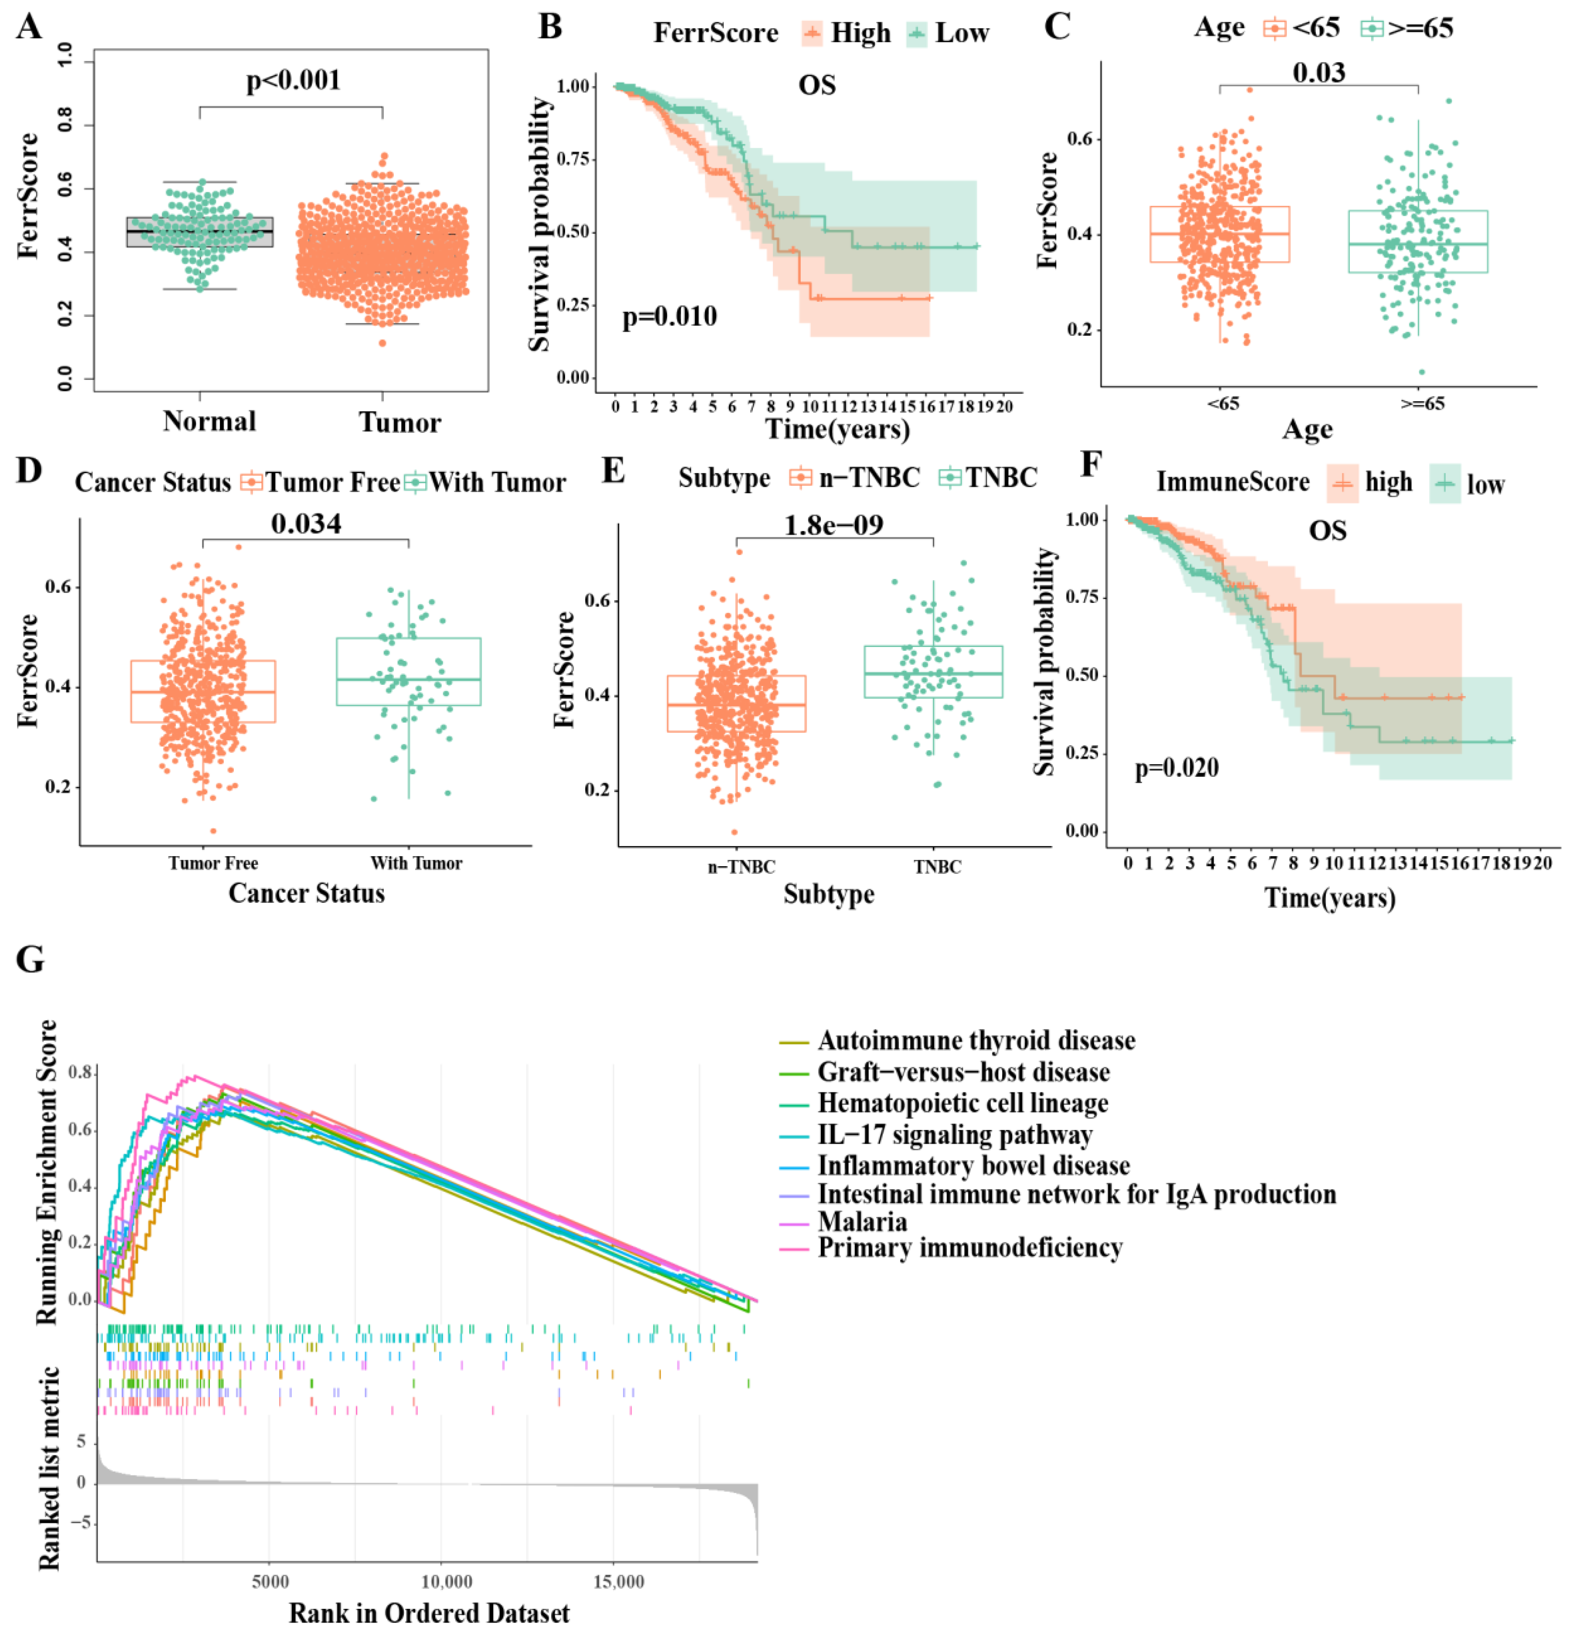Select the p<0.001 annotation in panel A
coord(293,80)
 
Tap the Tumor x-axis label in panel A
coord(399,422)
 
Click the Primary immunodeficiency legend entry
coord(969,1247)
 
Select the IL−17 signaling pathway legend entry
coord(954,1134)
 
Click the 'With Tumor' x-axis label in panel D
coord(416,863)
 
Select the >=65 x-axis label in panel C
coord(1422,403)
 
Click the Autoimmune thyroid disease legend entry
coord(975,1040)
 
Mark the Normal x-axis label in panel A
coord(209,421)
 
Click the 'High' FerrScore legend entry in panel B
coord(859,34)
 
